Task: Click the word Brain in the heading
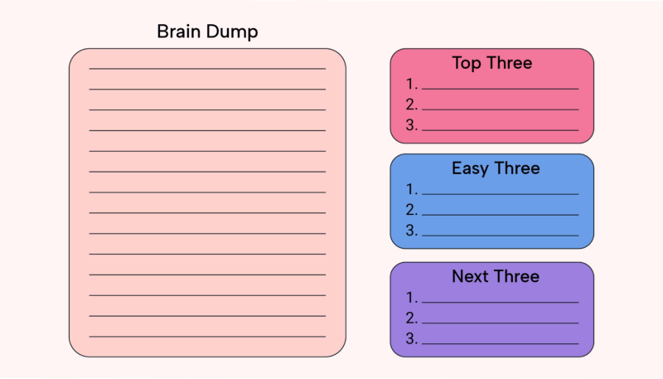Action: pyautogui.click(x=178, y=32)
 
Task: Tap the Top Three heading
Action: pyautogui.click(x=492, y=62)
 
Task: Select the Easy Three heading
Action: pyautogui.click(x=496, y=169)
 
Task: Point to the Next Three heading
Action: pyautogui.click(x=496, y=276)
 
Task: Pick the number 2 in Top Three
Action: pyautogui.click(x=411, y=104)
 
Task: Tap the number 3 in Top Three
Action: pyautogui.click(x=411, y=124)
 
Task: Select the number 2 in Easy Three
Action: pyautogui.click(x=411, y=209)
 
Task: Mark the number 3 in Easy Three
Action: pyautogui.click(x=411, y=230)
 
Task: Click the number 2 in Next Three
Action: pyautogui.click(x=411, y=318)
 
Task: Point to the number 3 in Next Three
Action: pyautogui.click(x=411, y=338)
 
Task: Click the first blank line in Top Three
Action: pyautogui.click(x=501, y=89)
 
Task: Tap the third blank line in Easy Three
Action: pyautogui.click(x=501, y=236)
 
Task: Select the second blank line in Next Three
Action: pyautogui.click(x=501, y=323)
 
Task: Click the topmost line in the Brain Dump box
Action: pyautogui.click(x=207, y=69)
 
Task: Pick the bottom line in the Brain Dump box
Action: pyautogui.click(x=207, y=337)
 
